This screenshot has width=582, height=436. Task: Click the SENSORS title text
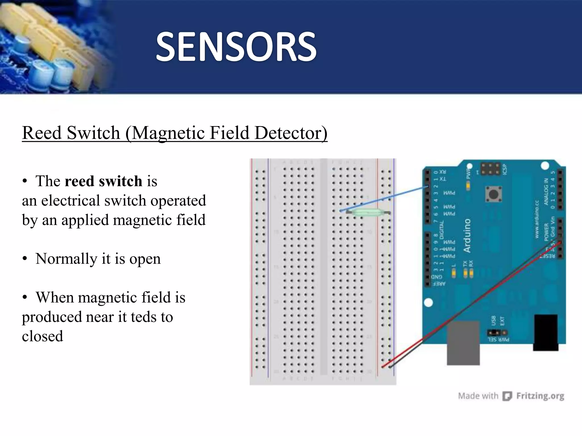pos(236,47)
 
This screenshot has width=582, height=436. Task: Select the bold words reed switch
pos(103,181)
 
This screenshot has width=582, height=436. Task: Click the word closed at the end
pos(43,336)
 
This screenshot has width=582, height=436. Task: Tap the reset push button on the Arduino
pos(493,194)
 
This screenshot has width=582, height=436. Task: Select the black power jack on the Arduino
pos(545,332)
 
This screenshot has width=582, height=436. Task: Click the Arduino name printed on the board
pos(467,236)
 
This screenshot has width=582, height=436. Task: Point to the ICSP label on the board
pos(504,169)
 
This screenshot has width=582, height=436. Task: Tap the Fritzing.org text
pos(540,396)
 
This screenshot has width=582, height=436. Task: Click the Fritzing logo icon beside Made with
pos(507,396)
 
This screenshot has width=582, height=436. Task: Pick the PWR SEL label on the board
pos(498,339)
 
